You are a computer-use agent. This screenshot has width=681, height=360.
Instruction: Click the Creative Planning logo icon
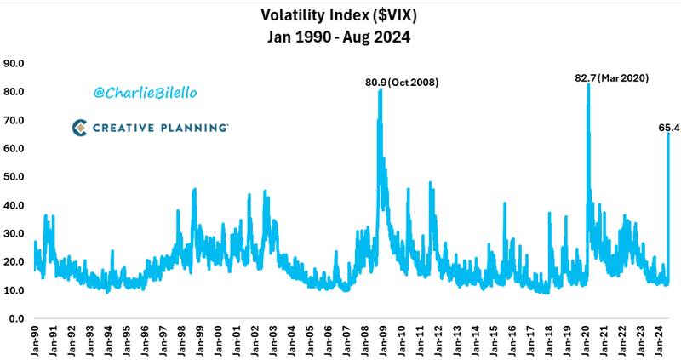pos(79,128)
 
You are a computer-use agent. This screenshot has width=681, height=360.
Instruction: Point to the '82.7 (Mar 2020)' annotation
pos(612,78)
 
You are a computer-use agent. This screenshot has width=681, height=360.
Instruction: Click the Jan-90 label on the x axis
pos(36,340)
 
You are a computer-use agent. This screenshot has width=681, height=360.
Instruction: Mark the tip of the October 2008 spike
pos(380,89)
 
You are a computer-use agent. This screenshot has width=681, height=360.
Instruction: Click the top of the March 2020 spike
pos(588,84)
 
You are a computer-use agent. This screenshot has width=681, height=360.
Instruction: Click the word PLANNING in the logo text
pos(194,128)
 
